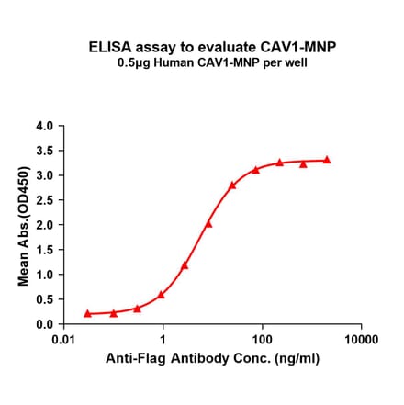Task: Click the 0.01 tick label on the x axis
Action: (x=63, y=340)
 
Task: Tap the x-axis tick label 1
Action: (x=163, y=340)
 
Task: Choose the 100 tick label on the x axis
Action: (x=262, y=340)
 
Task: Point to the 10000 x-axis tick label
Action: (x=360, y=340)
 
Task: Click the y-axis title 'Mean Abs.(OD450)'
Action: (x=25, y=225)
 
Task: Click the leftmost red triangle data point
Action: (x=87, y=313)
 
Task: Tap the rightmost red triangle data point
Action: (x=327, y=159)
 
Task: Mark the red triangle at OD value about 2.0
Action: (x=208, y=223)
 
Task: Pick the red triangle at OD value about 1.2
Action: (x=185, y=265)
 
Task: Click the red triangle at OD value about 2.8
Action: (x=232, y=185)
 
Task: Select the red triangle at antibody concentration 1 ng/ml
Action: (x=161, y=295)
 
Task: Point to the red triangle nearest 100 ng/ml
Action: (x=256, y=169)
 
